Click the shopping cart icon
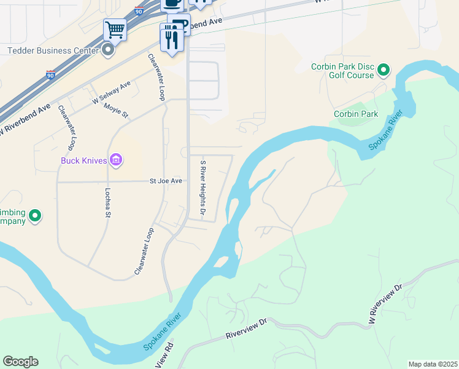pyautogui.click(x=115, y=29)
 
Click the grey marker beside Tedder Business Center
pyautogui.click(x=108, y=50)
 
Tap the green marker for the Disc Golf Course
pyautogui.click(x=384, y=70)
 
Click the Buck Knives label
pyautogui.click(x=83, y=161)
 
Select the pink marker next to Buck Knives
pyautogui.click(x=116, y=161)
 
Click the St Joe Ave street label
pyautogui.click(x=166, y=181)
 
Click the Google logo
pyautogui.click(x=20, y=362)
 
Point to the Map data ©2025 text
pyautogui.click(x=432, y=364)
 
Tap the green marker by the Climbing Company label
pyautogui.click(x=35, y=215)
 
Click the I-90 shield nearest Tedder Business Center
pyautogui.click(x=50, y=74)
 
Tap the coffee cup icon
pyautogui.click(x=172, y=4)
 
